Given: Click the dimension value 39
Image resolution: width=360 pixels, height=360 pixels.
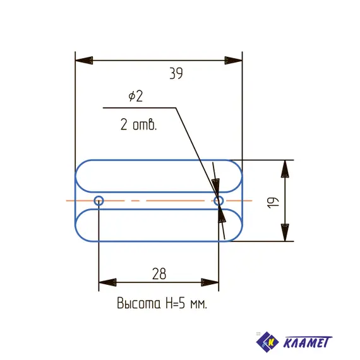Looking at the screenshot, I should (x=176, y=74).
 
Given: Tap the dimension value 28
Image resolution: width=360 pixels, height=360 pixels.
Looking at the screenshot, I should (x=159, y=273).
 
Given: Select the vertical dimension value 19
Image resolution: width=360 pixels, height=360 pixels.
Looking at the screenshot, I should (x=272, y=201).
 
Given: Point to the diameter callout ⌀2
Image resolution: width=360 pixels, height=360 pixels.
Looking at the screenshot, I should (x=135, y=97).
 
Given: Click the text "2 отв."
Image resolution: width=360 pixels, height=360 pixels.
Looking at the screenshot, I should (x=138, y=124).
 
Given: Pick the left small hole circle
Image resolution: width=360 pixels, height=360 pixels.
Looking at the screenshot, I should (x=99, y=201).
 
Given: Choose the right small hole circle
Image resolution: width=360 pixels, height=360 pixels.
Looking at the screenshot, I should (x=219, y=201).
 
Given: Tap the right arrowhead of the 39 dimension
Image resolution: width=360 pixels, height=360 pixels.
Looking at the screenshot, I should (x=233, y=61).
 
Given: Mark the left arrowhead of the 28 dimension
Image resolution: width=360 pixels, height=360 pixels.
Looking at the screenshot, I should (x=108, y=282).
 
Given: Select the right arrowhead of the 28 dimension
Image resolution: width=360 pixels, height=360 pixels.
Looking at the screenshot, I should (x=210, y=282).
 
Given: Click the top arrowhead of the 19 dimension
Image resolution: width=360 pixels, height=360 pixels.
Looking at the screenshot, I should (x=285, y=169).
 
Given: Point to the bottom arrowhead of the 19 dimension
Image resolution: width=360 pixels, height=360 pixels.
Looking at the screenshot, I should (x=285, y=232).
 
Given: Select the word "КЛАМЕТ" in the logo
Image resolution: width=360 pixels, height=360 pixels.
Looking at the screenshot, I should (x=306, y=342).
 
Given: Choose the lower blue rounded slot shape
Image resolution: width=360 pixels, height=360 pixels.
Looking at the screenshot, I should (x=158, y=225).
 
